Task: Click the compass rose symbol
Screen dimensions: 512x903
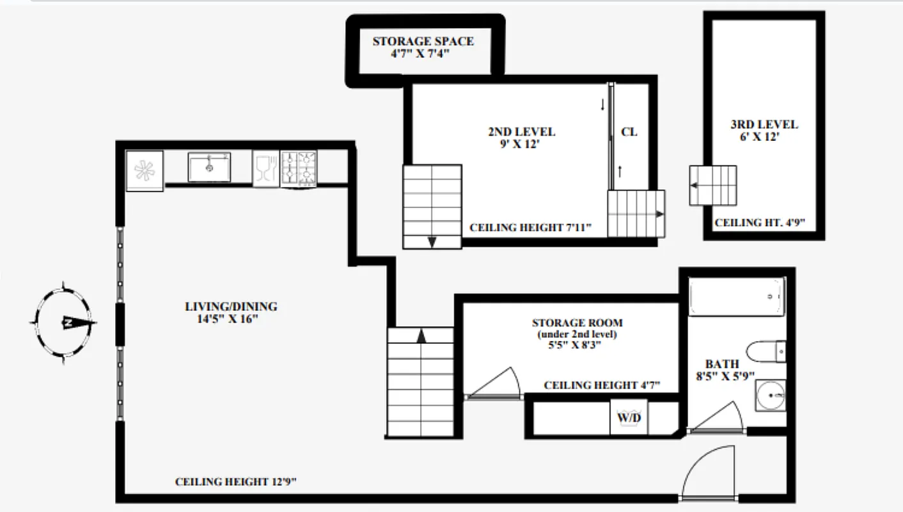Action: (x=64, y=322)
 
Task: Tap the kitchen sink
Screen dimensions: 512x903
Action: (x=209, y=167)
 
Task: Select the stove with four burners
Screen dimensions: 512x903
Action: (x=299, y=168)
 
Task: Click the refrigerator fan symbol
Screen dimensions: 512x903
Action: (x=145, y=170)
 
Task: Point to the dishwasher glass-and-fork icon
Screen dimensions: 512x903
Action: (x=265, y=169)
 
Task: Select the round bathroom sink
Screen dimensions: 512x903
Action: (x=769, y=397)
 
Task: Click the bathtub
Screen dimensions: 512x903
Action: (x=737, y=296)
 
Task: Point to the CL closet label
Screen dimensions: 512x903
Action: (x=629, y=132)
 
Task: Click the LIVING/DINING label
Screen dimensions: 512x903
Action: (x=231, y=307)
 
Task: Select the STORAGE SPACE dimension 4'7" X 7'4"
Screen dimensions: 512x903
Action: (x=420, y=54)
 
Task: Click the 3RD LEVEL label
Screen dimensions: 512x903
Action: (x=764, y=125)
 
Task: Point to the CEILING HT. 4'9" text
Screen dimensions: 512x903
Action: (x=759, y=223)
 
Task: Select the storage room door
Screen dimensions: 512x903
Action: (x=492, y=384)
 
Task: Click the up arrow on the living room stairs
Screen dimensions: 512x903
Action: (x=421, y=335)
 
